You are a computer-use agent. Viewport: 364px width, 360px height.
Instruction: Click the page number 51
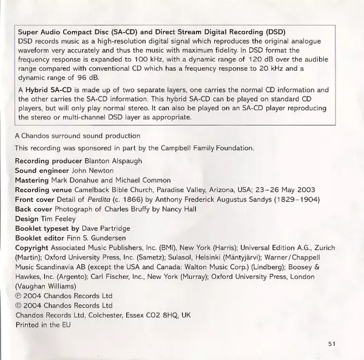(331, 344)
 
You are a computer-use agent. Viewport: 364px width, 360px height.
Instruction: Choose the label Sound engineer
(41, 171)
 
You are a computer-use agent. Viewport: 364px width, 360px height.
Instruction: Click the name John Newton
(89, 171)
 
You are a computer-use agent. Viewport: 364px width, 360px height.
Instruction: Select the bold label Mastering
(34, 180)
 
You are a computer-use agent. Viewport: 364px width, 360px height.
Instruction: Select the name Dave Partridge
(108, 228)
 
